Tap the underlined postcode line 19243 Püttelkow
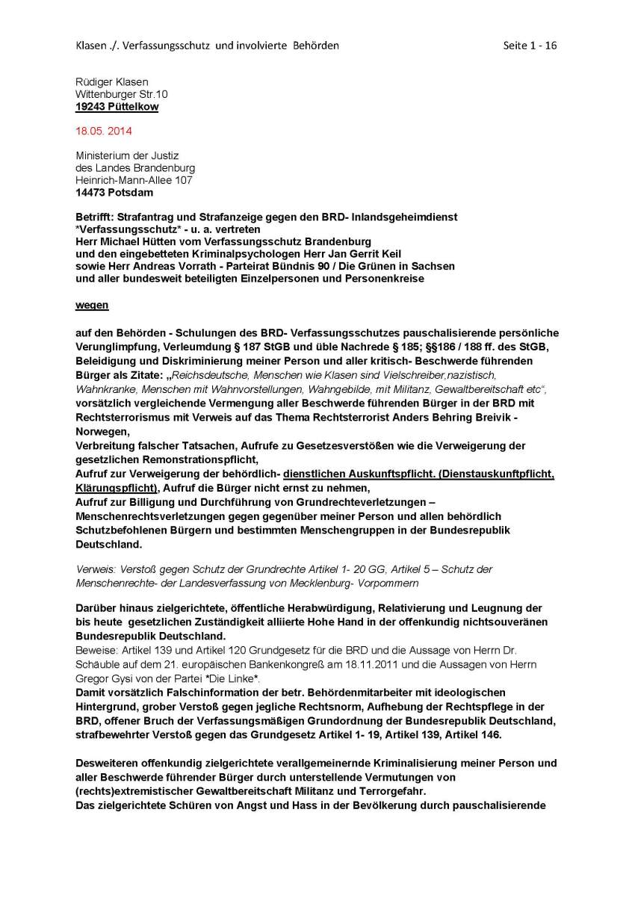[x=117, y=107]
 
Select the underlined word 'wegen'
[x=92, y=306]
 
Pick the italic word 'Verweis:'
[x=94, y=569]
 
